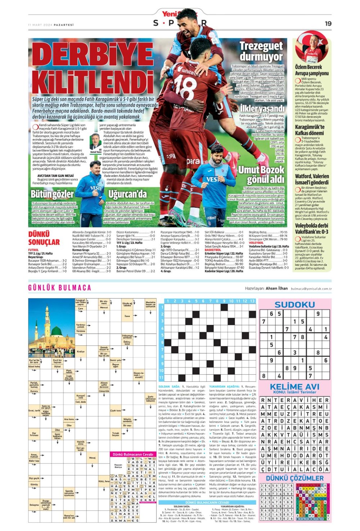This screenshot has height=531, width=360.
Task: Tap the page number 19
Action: [328, 23]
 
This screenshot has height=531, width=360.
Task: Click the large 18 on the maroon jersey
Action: [185, 86]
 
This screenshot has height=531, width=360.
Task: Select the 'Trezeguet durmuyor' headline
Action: [261, 51]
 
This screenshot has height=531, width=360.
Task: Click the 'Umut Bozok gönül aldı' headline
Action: [261, 174]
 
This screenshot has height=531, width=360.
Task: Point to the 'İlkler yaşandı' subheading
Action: [262, 108]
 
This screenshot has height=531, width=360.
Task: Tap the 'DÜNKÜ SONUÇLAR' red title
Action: [44, 238]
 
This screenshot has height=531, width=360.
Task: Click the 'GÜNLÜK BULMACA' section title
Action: [60, 288]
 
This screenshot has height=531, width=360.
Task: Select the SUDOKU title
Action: [294, 305]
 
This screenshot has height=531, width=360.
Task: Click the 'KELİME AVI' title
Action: [294, 387]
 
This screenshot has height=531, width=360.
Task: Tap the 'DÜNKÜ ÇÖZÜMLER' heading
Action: [294, 478]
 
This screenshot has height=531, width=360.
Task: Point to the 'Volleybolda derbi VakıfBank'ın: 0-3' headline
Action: [311, 229]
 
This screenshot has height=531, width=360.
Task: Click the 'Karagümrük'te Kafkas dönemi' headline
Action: [310, 130]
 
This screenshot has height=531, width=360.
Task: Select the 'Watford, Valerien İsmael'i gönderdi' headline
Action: [312, 179]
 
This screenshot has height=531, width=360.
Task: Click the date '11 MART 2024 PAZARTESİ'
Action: [51, 25]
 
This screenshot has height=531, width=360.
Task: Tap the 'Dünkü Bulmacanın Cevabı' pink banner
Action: [133, 454]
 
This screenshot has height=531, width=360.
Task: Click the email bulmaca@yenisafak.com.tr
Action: [311, 288]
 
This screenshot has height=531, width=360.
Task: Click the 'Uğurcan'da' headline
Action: [127, 194]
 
